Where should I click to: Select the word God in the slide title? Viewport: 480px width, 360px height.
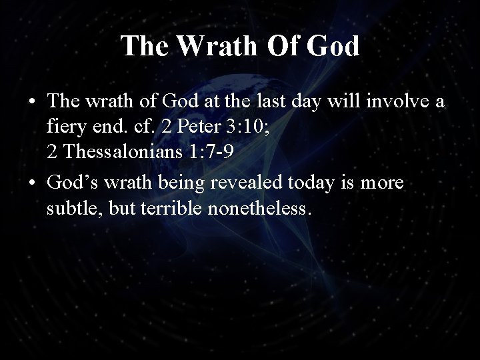click(x=334, y=46)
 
